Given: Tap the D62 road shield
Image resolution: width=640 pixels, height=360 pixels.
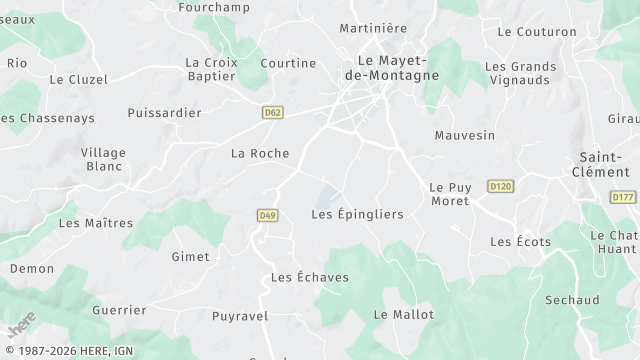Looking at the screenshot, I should [x=272, y=113].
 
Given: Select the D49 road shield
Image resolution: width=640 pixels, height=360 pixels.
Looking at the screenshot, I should [x=267, y=215].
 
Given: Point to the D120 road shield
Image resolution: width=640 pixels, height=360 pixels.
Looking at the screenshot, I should [x=500, y=186].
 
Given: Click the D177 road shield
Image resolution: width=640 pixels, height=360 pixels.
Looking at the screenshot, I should [x=622, y=197].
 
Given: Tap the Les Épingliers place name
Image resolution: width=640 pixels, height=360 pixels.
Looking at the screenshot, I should [x=357, y=214].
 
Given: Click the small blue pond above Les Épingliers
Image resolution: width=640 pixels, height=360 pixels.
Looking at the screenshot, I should [x=328, y=194].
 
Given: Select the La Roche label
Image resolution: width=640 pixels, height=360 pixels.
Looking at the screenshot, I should [x=260, y=153].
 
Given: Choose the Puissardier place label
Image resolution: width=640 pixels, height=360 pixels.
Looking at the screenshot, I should [x=164, y=113].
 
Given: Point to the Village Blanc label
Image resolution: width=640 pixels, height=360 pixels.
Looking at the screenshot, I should [x=104, y=160].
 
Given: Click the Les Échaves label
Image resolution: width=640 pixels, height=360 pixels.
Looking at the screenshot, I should [x=310, y=277].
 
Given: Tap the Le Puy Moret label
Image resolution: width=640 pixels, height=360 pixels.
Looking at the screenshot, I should [x=449, y=194].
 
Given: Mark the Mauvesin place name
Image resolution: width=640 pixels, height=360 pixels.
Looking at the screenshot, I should [x=465, y=135].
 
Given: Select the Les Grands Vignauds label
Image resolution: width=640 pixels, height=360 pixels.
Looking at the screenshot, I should [x=521, y=74].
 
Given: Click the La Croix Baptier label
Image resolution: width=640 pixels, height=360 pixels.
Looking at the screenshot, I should [x=212, y=69].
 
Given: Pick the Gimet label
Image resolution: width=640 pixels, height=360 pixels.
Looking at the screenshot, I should [x=191, y=257].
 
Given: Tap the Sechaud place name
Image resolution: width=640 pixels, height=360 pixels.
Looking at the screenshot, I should [x=572, y=300].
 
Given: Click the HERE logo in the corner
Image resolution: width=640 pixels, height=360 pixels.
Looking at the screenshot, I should [x=21, y=325].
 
